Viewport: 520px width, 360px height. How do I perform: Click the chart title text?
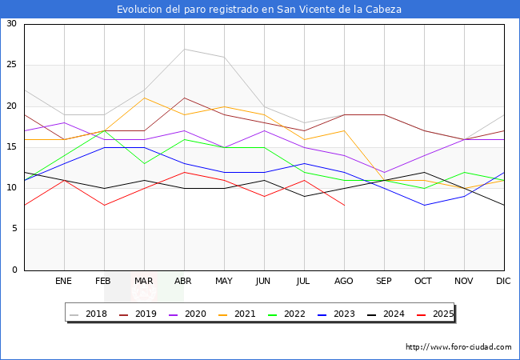point(259,10)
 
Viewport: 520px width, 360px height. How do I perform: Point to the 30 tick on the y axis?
point(11,24)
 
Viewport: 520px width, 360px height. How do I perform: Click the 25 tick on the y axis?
point(11,65)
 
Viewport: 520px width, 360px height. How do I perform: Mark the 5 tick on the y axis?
point(14,230)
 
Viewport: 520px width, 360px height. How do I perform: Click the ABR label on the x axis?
point(183,282)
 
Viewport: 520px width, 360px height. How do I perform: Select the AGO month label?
point(343,282)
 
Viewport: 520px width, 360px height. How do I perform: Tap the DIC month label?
point(503,282)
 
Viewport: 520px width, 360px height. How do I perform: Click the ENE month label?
point(64,282)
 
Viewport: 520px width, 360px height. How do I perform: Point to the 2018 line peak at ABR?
point(184,49)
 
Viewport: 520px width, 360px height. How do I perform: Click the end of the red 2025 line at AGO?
point(344,205)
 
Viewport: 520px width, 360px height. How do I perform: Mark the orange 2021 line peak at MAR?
point(144,98)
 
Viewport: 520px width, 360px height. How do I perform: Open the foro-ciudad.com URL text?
point(458,347)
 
